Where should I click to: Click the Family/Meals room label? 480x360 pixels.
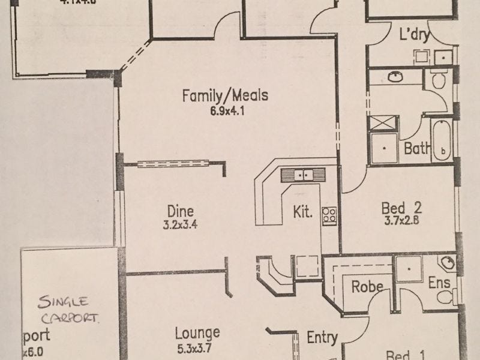tap(225, 95)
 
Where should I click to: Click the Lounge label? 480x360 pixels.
tap(197, 332)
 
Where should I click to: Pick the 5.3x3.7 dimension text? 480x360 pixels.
tap(197, 346)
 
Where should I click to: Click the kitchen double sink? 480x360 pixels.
tap(303, 175)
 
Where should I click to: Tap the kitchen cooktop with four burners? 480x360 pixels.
tap(329, 214)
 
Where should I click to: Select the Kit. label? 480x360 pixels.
tap(302, 212)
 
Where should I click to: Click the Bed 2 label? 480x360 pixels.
tap(402, 208)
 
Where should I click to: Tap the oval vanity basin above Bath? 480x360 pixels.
tap(395, 77)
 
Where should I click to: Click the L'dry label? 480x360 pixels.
tap(414, 34)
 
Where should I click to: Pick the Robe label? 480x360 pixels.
tap(367, 287)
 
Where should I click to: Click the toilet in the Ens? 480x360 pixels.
tap(445, 296)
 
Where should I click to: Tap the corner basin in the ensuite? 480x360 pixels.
tap(447, 263)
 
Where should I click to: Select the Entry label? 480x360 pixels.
tap(322, 338)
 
